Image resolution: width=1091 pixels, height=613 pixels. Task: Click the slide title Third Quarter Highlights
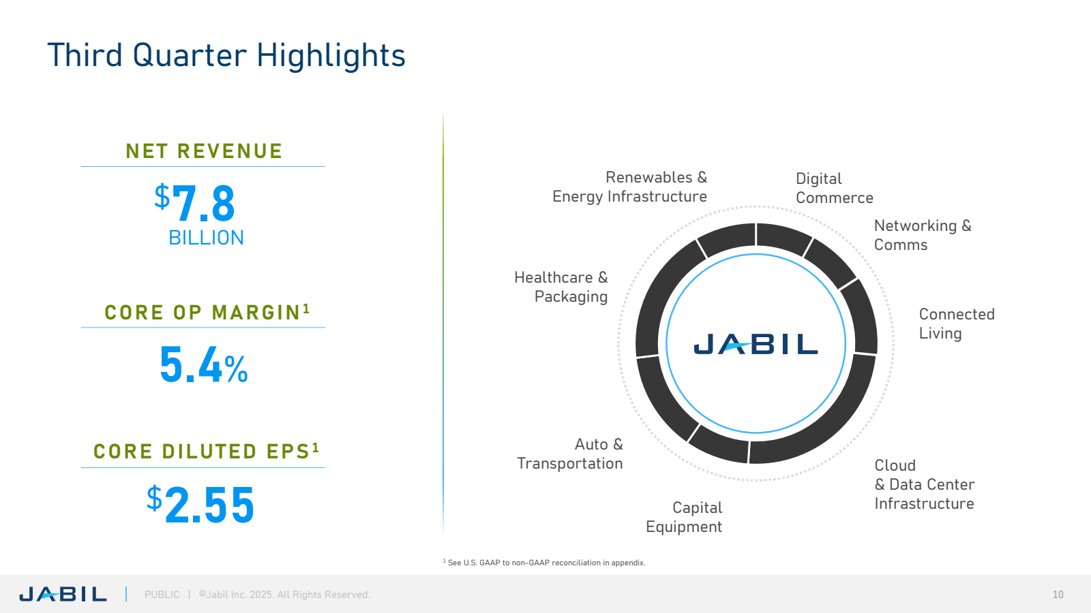226,55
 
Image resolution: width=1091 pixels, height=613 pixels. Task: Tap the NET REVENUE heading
204,151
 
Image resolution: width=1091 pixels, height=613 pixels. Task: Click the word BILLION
206,238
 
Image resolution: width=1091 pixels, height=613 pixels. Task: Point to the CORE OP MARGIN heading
207,312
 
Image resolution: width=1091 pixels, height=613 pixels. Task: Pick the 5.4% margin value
204,364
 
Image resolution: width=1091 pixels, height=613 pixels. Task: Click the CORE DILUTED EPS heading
206,451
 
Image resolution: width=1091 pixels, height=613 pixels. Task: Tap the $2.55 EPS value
200,504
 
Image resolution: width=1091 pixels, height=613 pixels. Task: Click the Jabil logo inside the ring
756,343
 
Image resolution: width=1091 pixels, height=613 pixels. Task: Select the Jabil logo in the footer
63,594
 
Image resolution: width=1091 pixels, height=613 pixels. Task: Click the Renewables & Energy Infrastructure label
630,187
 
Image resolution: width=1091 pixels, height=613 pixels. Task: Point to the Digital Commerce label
835,188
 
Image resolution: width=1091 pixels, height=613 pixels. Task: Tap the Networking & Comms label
923,235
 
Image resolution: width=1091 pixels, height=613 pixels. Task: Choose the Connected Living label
957,324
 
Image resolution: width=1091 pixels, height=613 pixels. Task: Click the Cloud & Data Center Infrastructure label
925,484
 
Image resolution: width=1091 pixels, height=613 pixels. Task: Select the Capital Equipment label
684,517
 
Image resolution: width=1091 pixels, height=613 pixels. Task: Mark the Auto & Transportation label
570,454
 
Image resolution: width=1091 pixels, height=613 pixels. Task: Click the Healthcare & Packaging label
561,287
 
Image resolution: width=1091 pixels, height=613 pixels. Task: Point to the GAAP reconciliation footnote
544,563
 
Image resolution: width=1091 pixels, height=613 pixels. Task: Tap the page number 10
1058,595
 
